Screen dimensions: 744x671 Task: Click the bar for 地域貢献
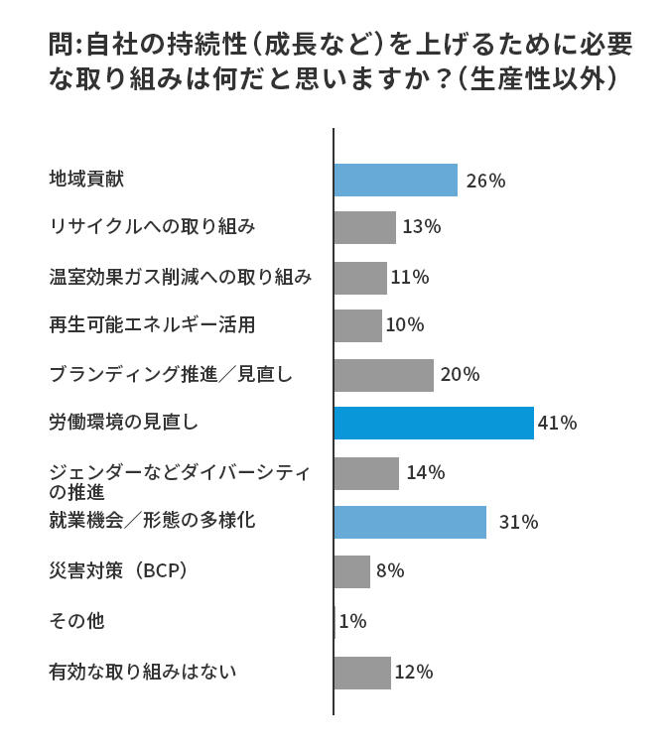395,181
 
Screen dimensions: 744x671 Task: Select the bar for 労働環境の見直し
434,423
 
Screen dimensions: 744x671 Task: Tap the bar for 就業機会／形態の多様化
410,522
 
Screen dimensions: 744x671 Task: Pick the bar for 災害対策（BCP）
352,571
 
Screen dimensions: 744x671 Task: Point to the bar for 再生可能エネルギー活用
358,325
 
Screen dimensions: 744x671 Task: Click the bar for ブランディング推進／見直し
384,375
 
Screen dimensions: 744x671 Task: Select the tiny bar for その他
335,621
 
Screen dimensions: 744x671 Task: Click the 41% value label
557,424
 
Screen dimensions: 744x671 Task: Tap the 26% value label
485,182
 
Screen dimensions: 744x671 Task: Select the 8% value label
390,571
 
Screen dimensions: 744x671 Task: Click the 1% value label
352,622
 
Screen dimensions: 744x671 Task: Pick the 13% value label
421,227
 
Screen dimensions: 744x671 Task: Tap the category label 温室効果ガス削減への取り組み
181,277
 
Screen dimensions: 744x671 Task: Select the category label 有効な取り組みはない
143,672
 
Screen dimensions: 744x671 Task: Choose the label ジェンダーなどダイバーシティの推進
179,481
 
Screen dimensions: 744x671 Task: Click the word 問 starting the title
60,45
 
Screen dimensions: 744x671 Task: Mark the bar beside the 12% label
362,673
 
